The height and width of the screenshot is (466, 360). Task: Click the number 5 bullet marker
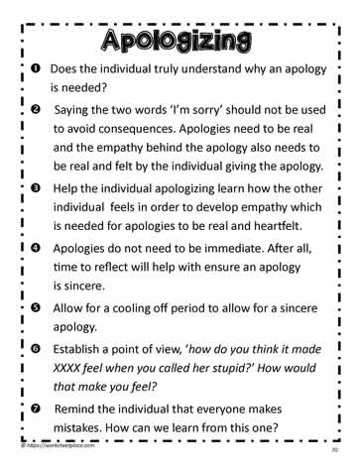pos(33,309)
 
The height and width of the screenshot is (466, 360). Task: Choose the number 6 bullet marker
pos(33,350)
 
